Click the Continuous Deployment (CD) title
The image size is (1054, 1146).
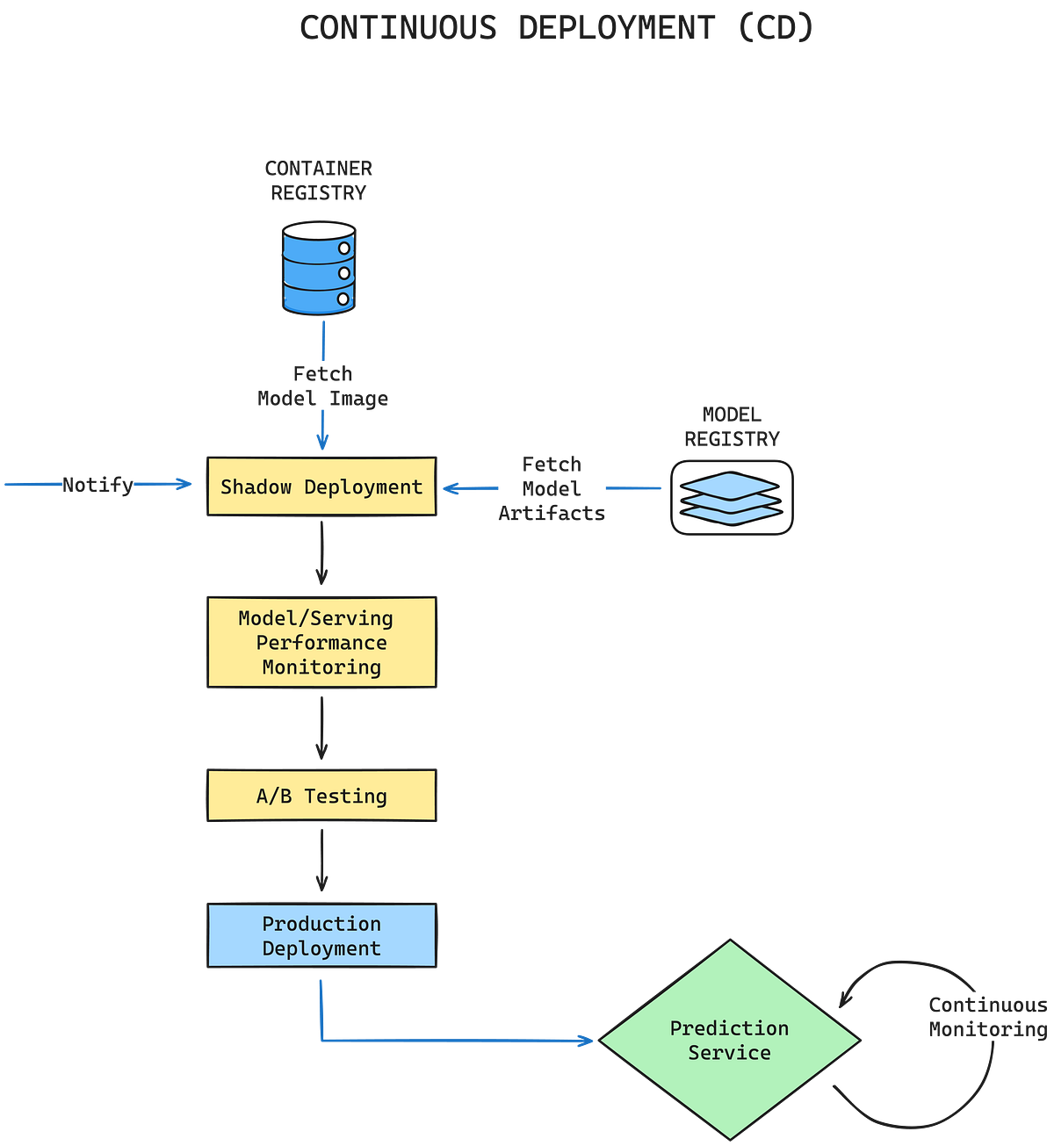click(556, 28)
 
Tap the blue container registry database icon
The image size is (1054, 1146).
click(318, 269)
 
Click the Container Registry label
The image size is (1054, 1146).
click(319, 181)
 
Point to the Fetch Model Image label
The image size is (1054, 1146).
click(322, 386)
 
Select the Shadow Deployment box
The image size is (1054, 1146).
click(321, 487)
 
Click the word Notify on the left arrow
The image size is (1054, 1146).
click(97, 485)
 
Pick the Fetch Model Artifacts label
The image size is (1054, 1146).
click(552, 488)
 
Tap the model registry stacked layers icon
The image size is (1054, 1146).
click(732, 498)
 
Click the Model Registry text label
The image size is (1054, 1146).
click(732, 427)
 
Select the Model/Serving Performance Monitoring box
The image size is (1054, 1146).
click(321, 643)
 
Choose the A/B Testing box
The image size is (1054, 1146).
click(321, 796)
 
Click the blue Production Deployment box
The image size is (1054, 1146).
click(321, 936)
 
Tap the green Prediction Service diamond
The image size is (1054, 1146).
click(729, 1041)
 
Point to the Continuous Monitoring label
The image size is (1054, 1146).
click(988, 1017)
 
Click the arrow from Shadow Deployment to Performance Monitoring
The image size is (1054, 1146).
click(321, 553)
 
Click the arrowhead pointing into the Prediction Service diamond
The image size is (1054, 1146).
click(587, 1041)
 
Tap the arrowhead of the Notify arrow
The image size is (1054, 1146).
click(185, 485)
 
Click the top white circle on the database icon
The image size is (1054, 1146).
click(344, 249)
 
